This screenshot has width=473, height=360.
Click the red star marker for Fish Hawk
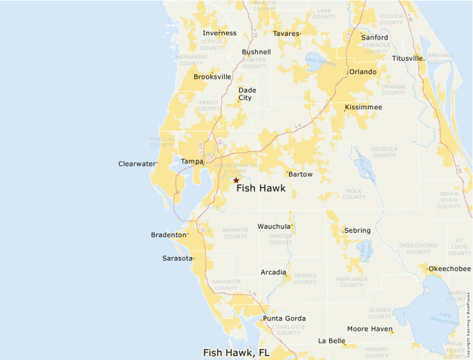[x=236, y=180]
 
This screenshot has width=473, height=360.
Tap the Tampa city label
[x=192, y=162]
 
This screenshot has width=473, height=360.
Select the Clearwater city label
[x=137, y=164]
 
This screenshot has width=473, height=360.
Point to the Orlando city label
[x=362, y=72]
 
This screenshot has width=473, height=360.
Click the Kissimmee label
[x=363, y=107]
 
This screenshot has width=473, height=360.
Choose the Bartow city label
[x=300, y=174]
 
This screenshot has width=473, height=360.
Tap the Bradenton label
[x=169, y=235]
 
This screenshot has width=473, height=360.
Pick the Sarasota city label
[x=177, y=258]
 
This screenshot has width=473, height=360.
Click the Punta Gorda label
[x=284, y=319]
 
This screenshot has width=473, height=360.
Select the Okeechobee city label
[x=449, y=269]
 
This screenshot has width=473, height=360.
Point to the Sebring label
[x=357, y=231]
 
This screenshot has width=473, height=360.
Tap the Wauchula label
[x=275, y=227]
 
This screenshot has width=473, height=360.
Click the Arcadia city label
[x=273, y=272]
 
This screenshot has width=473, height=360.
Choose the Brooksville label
[x=212, y=77]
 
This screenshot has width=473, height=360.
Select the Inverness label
[x=219, y=33]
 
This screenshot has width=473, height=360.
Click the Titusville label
[x=407, y=59]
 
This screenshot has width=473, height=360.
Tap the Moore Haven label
[x=369, y=329]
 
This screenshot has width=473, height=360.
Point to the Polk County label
[x=354, y=194]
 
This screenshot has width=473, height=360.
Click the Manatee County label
[x=235, y=233]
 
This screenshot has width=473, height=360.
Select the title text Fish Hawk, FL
[x=236, y=352]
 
